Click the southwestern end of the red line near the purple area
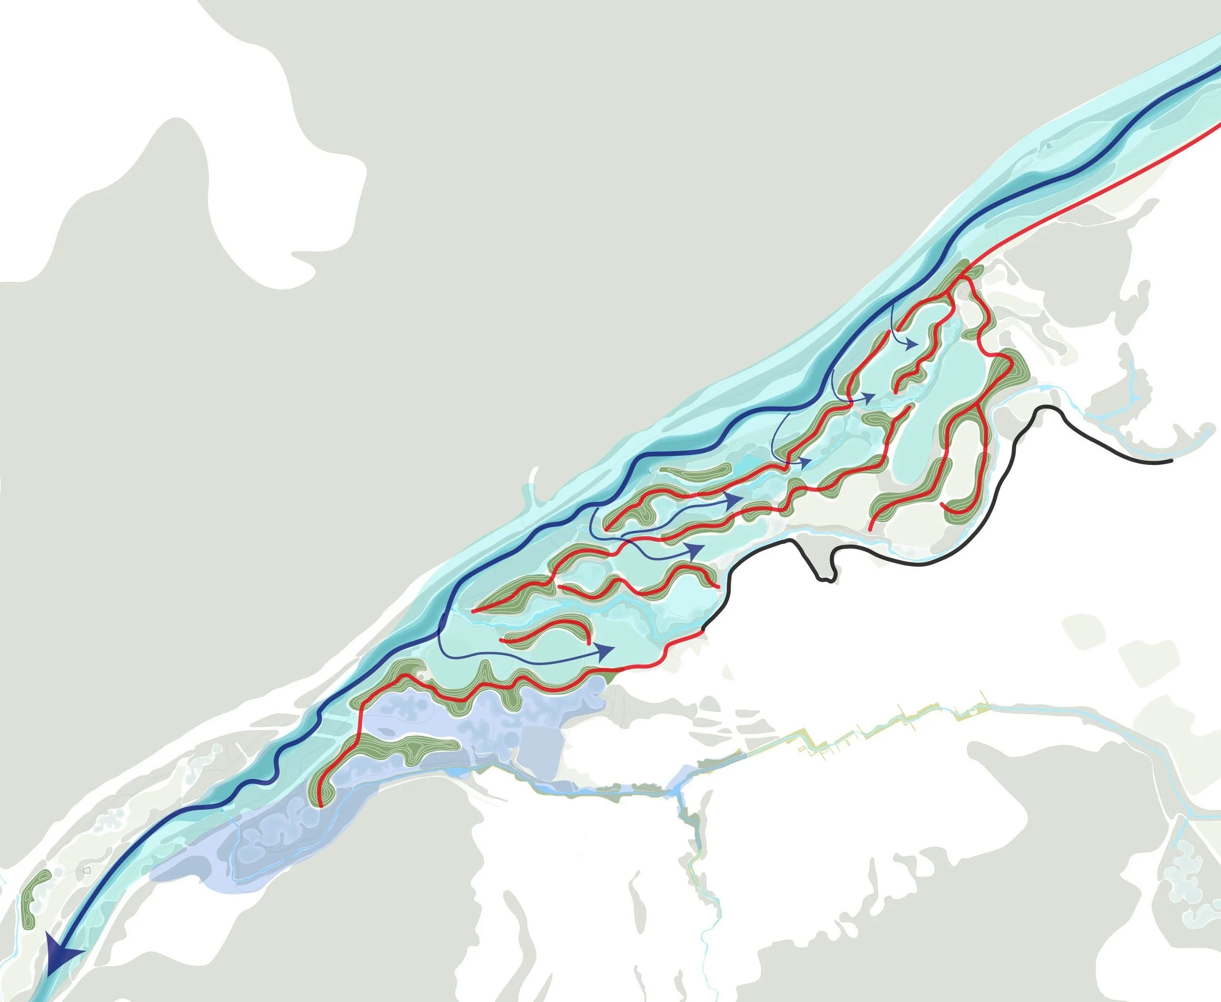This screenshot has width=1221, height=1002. [321, 805]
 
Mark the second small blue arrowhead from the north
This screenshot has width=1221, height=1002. [871, 397]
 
